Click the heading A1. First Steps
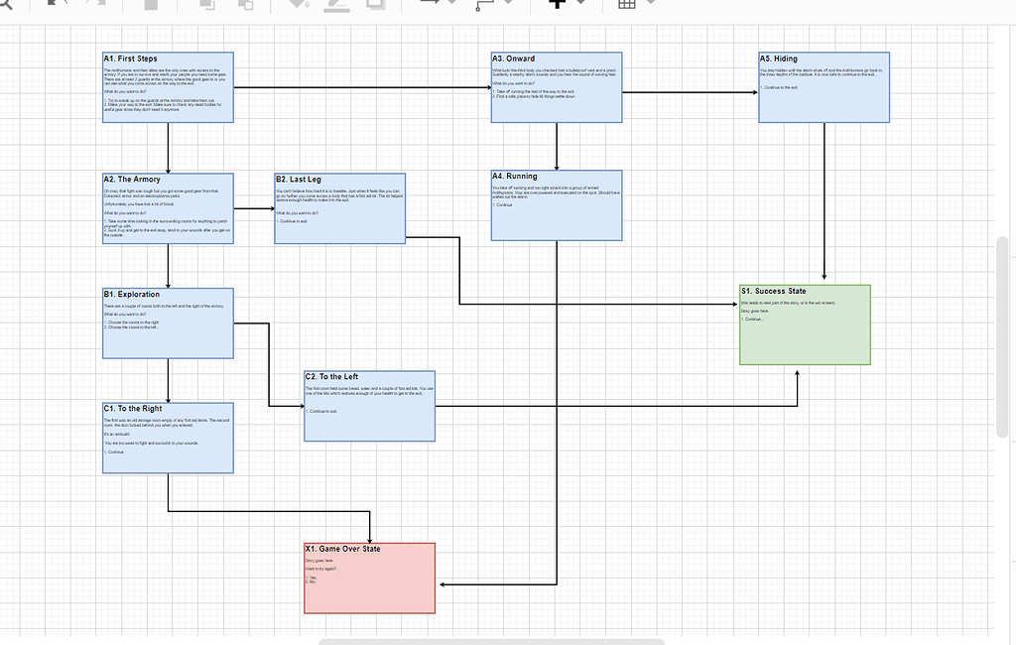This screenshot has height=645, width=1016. pos(130,60)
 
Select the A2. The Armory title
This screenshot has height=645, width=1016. pos(132,180)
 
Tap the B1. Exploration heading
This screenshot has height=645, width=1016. pos(131,295)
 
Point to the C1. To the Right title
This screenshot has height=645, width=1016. pos(132,409)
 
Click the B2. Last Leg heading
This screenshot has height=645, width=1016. pos(298,180)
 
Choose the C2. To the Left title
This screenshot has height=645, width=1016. pos(332,377)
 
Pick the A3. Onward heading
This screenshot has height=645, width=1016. pos(513,60)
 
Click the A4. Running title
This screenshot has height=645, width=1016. pos(515,177)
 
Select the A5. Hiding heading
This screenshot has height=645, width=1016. pos(779,60)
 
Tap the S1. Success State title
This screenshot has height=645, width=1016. pos(773,292)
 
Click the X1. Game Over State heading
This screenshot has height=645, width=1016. pos(342,549)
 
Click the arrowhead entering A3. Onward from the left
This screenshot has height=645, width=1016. pos(487,87)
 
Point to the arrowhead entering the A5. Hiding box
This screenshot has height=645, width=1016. pos(754,92)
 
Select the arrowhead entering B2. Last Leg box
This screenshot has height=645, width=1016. pos(270,208)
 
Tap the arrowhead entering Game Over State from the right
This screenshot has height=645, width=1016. pos(441,584)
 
